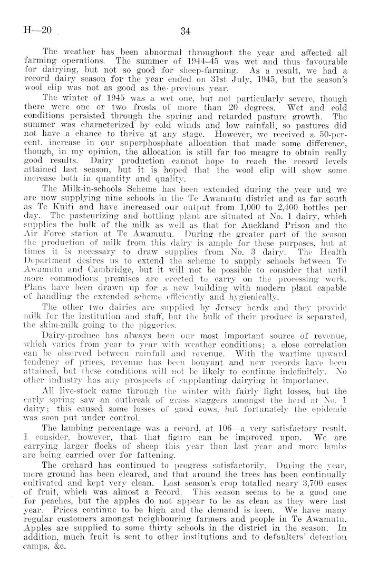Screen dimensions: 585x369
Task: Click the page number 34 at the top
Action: click(x=184, y=31)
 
